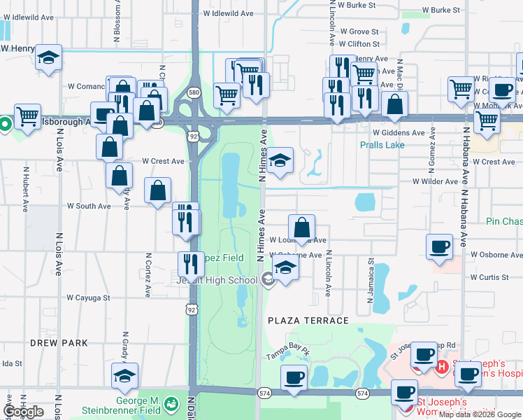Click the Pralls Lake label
tap(382, 145)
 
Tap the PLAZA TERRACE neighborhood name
tap(308, 321)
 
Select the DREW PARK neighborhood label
tap(59, 343)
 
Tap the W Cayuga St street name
tap(88, 297)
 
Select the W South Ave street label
tap(89, 206)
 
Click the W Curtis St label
tap(489, 277)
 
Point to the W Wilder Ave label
tap(435, 181)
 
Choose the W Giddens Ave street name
tap(399, 132)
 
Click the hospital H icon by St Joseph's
tap(442, 366)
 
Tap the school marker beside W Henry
tap(48, 58)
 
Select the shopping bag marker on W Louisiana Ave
tap(301, 227)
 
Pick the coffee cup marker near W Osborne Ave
tap(439, 246)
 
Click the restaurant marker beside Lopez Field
tap(191, 265)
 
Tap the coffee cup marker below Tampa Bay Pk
tap(294, 378)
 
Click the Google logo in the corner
tap(24, 412)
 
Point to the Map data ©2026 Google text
tap(480, 414)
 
